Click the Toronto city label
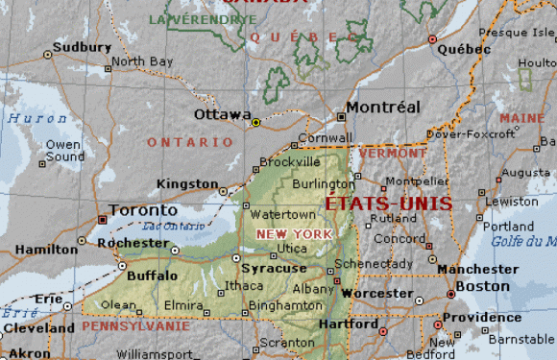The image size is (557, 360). (143, 210)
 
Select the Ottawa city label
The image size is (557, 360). (222, 114)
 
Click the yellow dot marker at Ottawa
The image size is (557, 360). (255, 123)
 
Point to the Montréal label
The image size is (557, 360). (383, 107)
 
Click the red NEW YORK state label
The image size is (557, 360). (294, 234)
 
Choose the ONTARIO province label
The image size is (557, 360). (189, 142)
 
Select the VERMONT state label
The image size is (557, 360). (394, 153)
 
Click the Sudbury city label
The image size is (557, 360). (76, 46)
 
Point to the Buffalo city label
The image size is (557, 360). (152, 276)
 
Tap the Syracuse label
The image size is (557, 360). (274, 269)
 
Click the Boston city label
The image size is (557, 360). (482, 286)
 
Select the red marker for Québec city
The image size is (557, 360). (433, 39)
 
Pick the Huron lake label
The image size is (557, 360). (31, 119)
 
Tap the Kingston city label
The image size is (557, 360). (186, 183)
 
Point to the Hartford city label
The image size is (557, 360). (349, 324)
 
